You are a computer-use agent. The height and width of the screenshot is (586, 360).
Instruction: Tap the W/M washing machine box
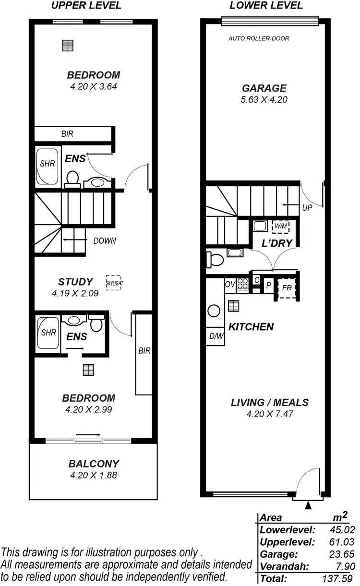click(279, 226)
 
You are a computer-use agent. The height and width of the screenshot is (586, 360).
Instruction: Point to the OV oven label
click(230, 285)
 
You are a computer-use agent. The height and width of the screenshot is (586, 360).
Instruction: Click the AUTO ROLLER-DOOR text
click(259, 38)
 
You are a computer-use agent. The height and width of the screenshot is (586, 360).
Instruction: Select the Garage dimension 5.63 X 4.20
click(264, 100)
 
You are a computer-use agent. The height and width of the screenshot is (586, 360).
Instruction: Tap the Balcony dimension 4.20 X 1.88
click(94, 476)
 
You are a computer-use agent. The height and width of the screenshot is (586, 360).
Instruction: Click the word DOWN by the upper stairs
click(104, 241)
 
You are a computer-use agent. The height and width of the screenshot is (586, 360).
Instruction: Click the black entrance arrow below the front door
click(308, 505)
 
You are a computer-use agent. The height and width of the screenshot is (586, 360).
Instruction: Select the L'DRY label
click(277, 243)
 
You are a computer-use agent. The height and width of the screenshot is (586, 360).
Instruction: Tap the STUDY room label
click(75, 282)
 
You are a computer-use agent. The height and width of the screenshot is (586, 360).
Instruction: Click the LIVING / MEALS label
click(269, 403)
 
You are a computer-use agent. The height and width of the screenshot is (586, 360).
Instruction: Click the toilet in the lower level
click(214, 260)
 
